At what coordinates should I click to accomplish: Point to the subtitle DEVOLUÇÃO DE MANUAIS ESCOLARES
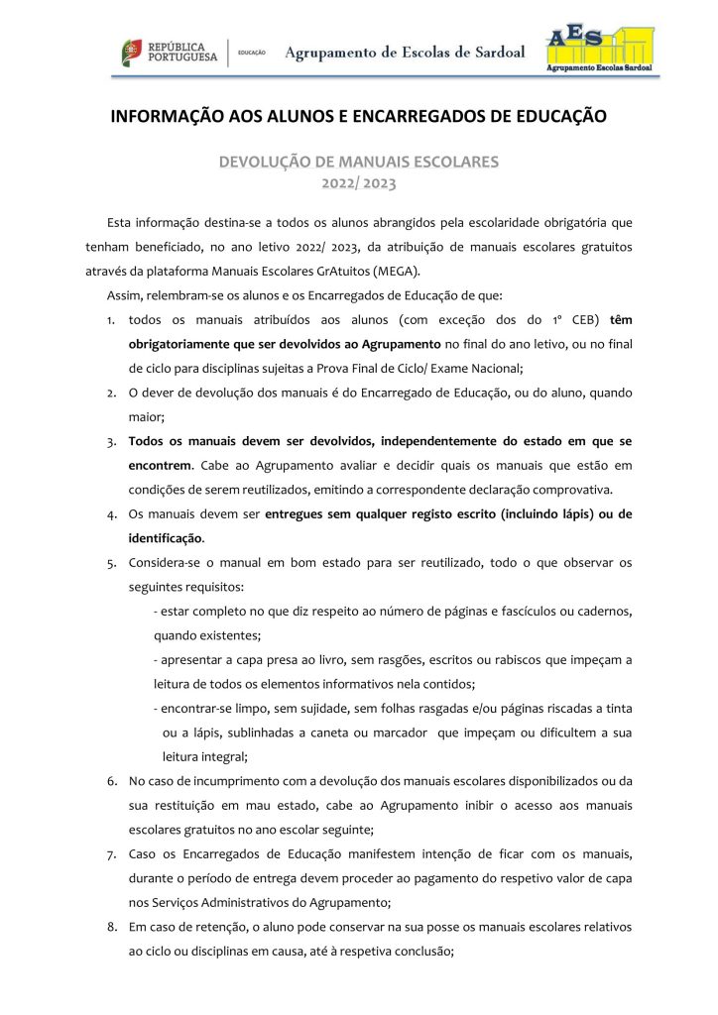tap(358, 161)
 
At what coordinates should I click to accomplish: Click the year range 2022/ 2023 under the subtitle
tap(358, 182)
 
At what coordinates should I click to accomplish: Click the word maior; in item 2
tap(148, 416)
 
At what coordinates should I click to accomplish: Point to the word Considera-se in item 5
tap(165, 562)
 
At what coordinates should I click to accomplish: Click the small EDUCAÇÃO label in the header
tap(252, 53)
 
